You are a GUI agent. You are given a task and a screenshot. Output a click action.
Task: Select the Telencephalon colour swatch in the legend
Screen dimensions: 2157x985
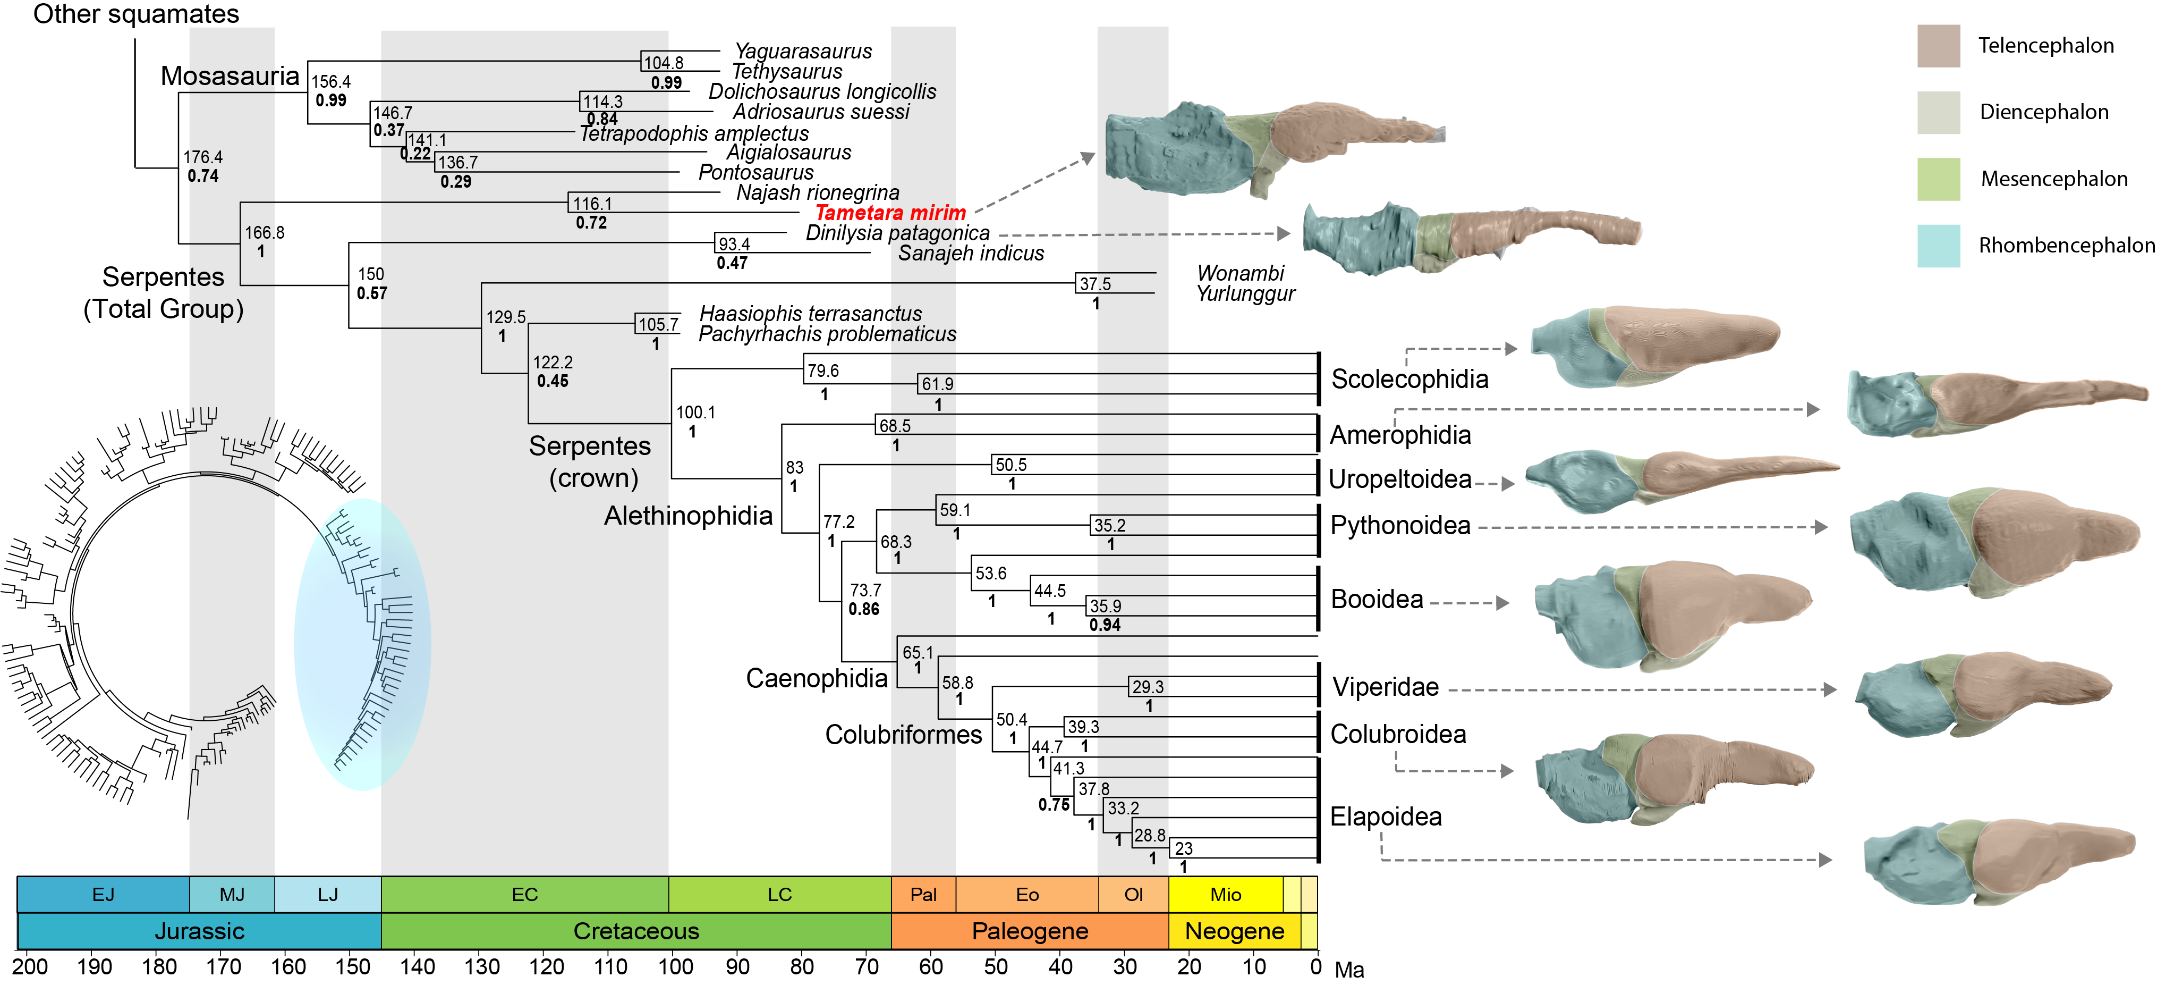(1939, 45)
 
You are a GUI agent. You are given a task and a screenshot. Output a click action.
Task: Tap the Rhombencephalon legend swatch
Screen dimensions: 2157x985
(1939, 246)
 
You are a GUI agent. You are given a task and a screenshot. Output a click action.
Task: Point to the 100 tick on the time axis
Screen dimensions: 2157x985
(675, 966)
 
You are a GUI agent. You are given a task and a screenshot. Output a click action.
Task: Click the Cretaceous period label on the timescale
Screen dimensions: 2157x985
(636, 931)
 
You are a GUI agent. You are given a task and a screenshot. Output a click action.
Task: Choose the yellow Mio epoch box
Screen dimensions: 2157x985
(1226, 895)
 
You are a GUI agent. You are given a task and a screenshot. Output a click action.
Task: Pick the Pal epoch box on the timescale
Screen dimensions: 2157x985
(923, 895)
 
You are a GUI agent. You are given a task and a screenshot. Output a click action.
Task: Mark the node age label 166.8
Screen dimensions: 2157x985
(265, 233)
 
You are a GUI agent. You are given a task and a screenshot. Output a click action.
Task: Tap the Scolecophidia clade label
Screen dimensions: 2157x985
(1410, 380)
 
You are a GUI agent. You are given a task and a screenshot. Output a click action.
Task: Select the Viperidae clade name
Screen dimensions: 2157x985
(1386, 687)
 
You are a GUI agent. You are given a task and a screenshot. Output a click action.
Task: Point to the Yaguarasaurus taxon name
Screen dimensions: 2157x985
(803, 51)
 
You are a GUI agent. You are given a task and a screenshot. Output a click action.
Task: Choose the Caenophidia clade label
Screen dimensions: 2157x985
(817, 678)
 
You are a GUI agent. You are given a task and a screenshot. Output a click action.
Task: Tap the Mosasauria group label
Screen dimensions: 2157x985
(230, 76)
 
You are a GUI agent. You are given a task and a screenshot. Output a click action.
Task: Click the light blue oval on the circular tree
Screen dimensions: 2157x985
(362, 644)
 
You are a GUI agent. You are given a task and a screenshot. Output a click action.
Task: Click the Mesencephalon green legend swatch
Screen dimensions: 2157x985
(1939, 179)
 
